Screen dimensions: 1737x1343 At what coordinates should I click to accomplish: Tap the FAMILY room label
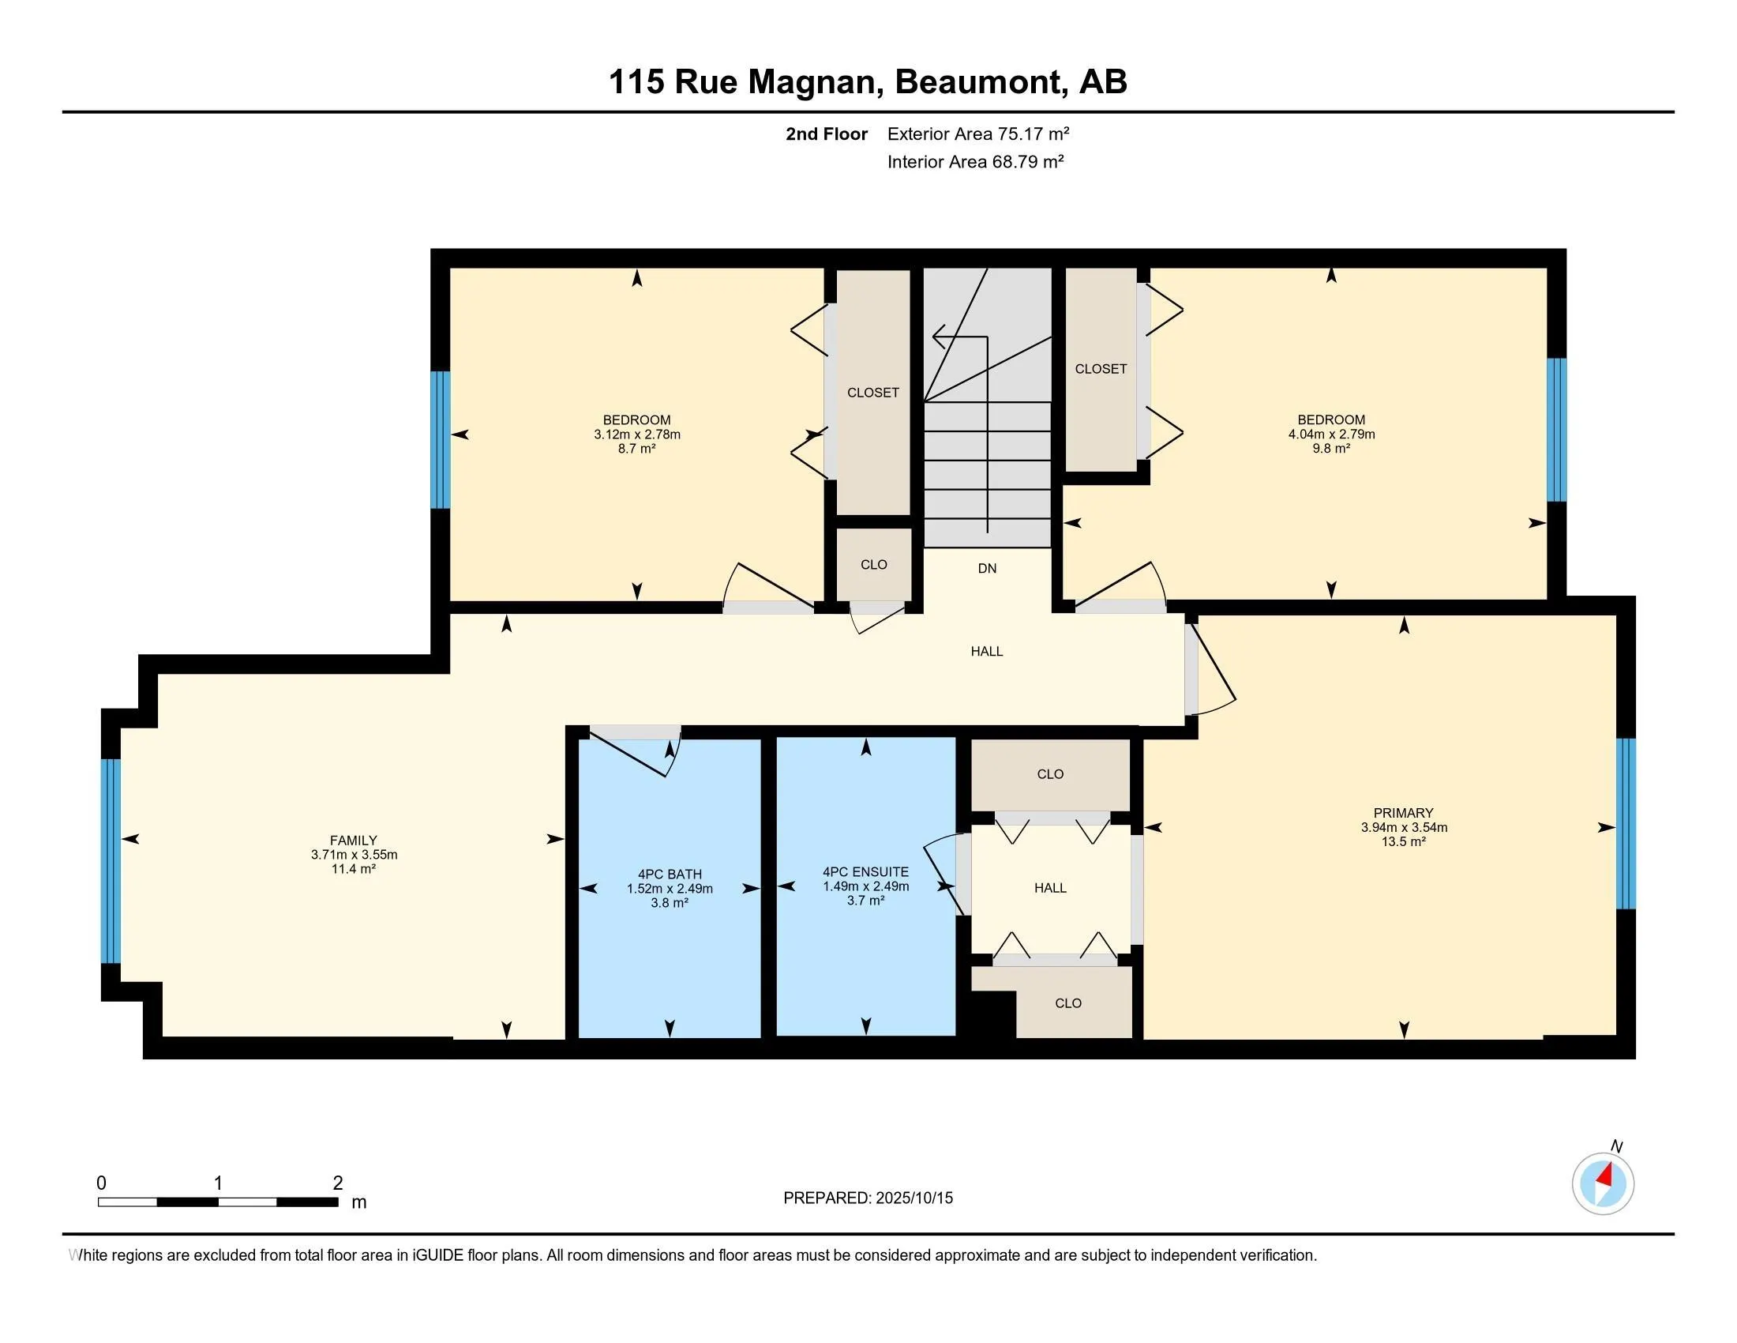click(x=353, y=841)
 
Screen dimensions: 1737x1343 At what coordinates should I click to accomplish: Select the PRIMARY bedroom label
click(x=1403, y=812)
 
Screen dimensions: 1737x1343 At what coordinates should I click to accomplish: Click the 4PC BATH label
click(x=670, y=874)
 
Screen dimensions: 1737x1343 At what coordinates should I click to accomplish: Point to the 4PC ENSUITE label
click(x=865, y=872)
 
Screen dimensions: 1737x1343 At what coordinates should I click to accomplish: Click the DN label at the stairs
click(x=987, y=568)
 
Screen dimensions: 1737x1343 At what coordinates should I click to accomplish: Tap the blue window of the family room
click(x=111, y=861)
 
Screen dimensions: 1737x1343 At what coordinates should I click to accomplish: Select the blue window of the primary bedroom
click(x=1626, y=823)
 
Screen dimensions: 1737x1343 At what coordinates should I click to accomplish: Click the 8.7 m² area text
click(x=637, y=449)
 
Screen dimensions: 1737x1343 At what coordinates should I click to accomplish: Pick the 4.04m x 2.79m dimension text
click(x=1331, y=434)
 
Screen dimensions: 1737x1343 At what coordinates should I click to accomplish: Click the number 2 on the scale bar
click(x=338, y=1183)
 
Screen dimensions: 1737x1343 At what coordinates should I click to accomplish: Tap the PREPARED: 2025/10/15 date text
click(x=868, y=1198)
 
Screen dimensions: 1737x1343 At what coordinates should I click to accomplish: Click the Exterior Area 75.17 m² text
click(x=978, y=134)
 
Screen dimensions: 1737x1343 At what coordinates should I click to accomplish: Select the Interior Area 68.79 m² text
click(x=976, y=161)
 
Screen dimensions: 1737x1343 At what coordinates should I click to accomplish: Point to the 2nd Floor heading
click(x=827, y=134)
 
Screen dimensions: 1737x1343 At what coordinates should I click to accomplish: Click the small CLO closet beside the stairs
click(x=873, y=564)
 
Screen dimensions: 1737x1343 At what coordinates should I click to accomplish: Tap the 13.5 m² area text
click(x=1403, y=842)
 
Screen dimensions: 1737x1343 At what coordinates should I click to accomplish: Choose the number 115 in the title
click(x=636, y=82)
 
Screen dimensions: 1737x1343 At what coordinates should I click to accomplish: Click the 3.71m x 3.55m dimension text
click(x=354, y=855)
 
